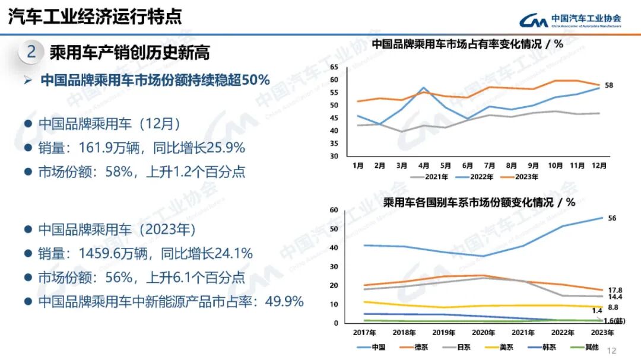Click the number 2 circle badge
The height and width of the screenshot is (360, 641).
pos(31,52)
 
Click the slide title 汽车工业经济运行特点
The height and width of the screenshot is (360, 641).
pos(94,16)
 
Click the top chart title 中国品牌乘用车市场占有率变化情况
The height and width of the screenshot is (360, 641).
pos(457,44)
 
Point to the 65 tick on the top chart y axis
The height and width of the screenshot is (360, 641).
pos(334,67)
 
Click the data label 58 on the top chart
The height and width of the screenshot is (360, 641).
pos(608,85)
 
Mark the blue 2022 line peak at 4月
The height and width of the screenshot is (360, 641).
pos(424,88)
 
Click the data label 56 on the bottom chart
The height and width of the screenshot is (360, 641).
pos(612,218)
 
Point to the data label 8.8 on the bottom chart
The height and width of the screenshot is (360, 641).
pos(614,307)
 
